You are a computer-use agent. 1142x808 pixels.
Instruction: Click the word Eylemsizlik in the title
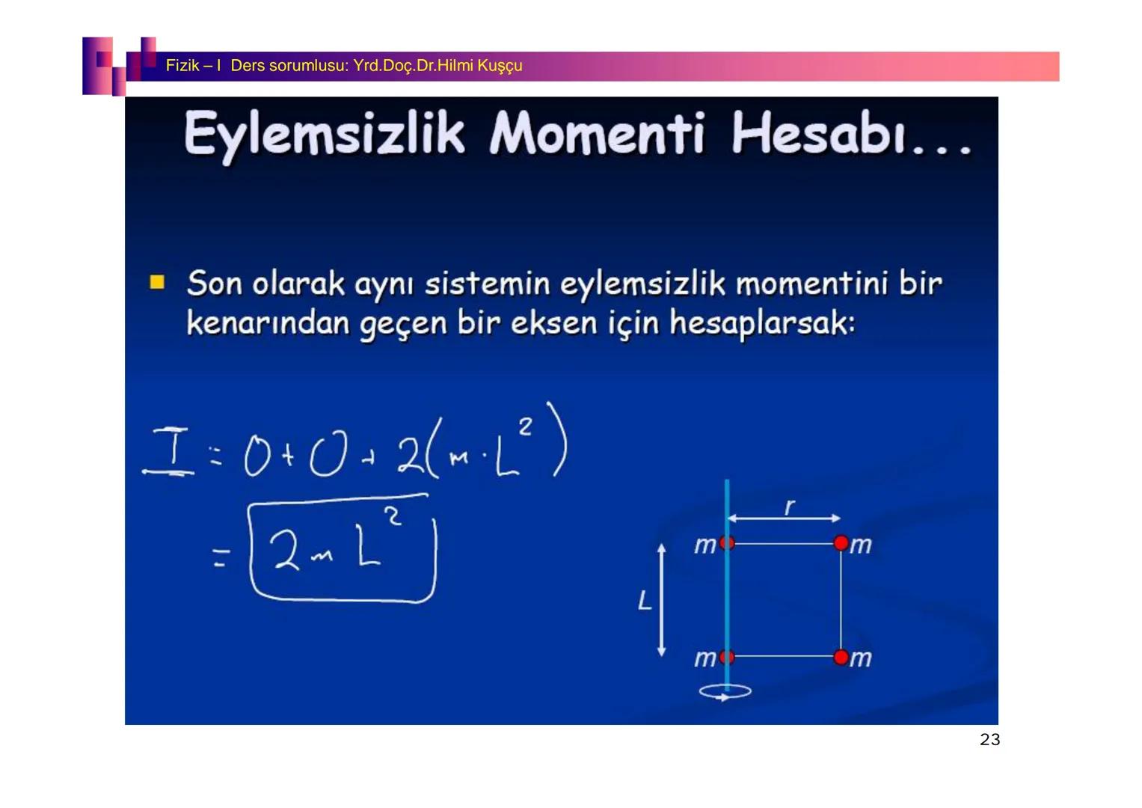[323, 135]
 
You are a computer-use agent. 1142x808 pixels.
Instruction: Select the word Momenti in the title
[597, 135]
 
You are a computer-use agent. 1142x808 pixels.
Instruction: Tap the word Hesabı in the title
[819, 135]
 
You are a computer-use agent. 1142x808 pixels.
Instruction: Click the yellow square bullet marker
[157, 282]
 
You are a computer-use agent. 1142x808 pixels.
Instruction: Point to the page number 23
[989, 740]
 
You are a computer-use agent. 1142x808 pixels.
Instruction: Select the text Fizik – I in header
[193, 66]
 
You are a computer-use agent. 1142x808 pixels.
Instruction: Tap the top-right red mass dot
[841, 543]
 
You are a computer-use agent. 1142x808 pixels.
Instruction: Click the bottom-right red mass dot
[841, 657]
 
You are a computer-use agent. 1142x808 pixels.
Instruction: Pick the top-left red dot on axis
[726, 543]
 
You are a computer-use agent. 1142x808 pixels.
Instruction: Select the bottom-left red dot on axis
[726, 657]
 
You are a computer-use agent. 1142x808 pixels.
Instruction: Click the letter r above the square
[788, 507]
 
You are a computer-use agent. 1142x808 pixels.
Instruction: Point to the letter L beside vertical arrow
[644, 600]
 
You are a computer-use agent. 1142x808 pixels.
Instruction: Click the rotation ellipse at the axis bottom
[725, 692]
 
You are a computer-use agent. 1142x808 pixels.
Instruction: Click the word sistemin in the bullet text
[487, 284]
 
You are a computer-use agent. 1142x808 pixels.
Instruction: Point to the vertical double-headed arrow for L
[661, 600]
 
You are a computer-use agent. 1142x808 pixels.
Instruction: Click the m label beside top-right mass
[862, 545]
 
